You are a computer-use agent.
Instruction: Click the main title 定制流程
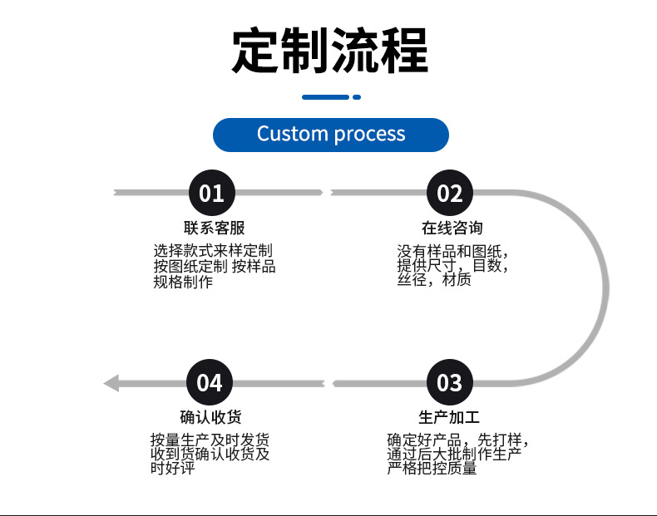pos(330,50)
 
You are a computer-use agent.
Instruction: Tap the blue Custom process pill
pos(331,135)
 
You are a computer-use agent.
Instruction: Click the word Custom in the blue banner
pos(292,134)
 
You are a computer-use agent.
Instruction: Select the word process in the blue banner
pos(369,135)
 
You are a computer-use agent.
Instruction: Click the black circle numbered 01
pos(211,193)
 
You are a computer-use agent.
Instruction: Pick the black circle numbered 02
pos(450,193)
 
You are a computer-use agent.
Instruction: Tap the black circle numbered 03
pos(450,382)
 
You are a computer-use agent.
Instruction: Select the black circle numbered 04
pos(210,382)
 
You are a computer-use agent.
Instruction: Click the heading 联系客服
pos(214,228)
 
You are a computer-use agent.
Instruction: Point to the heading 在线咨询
pos(452,228)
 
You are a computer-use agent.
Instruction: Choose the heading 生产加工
pos(449,417)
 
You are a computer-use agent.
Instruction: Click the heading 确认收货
pos(210,417)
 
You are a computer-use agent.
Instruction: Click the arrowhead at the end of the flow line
pos(111,383)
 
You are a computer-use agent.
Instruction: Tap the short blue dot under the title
pos(357,97)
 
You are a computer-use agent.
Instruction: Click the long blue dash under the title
pos(325,97)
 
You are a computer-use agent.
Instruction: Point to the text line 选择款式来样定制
pos(213,251)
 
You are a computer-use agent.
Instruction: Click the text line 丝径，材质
pos(434,279)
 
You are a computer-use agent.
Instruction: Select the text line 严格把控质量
pos(432,468)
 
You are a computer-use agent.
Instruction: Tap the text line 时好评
pos(173,468)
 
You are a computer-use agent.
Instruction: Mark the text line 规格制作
pos(183,282)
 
